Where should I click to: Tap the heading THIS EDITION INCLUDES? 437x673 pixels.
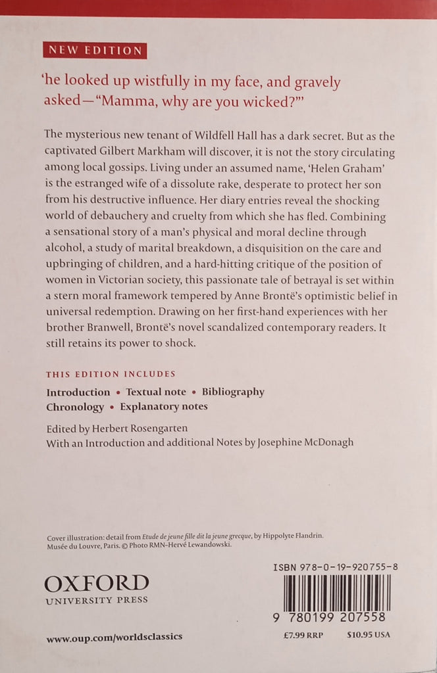(111, 375)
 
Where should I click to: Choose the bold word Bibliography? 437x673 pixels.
(233, 392)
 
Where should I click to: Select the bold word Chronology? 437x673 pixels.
(75, 407)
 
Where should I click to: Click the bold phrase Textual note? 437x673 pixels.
(156, 392)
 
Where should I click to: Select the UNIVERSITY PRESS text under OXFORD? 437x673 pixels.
(96, 599)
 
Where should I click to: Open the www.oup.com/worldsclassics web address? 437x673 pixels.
(114, 637)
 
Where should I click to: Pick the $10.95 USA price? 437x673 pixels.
(369, 635)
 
